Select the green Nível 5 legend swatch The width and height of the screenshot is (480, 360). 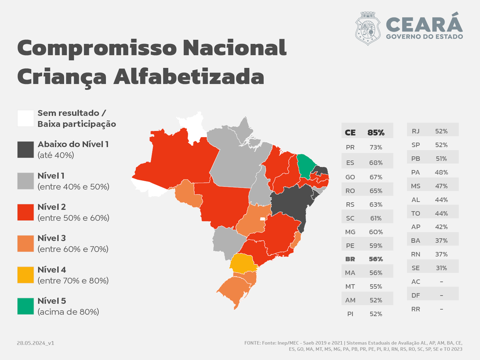click(x=26, y=306)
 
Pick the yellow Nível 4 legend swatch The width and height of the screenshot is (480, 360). click(x=26, y=275)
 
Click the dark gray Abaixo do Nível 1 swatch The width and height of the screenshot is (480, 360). click(x=26, y=149)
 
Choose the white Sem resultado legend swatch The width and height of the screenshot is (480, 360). click(x=26, y=118)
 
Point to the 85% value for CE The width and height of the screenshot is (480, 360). click(x=376, y=133)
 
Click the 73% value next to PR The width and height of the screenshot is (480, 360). click(x=376, y=147)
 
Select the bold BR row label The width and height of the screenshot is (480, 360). click(x=350, y=259)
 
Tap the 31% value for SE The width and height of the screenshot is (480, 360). click(x=441, y=268)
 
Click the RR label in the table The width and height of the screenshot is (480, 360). click(x=416, y=309)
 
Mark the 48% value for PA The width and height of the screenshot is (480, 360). click(x=441, y=172)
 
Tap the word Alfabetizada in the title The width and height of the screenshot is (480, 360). click(x=189, y=76)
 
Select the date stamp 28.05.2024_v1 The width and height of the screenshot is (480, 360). click(x=36, y=343)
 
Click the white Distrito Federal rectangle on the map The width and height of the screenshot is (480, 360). click(x=263, y=219)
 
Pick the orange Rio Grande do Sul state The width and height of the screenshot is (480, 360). click(x=235, y=288)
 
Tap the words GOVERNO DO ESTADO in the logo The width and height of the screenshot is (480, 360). click(x=424, y=37)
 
